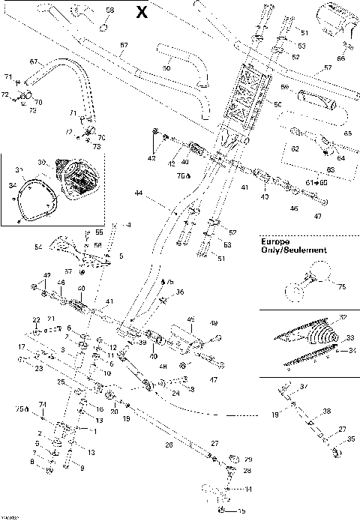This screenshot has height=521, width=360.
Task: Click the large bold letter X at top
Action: tap(142, 11)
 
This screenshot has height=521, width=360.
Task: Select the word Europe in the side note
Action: tap(274, 241)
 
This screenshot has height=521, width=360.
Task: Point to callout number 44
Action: tap(138, 193)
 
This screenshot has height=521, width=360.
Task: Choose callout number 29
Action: tap(248, 459)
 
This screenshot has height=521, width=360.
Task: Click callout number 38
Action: tap(327, 412)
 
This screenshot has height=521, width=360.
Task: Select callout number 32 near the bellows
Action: tap(343, 318)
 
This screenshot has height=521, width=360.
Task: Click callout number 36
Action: tap(179, 292)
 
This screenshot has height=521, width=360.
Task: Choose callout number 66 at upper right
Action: tap(340, 58)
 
